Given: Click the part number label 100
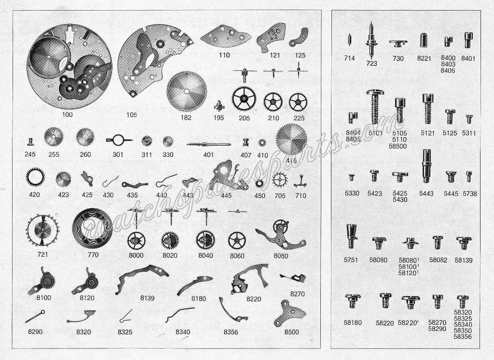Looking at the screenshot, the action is coord(67,114).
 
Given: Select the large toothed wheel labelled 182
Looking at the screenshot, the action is coord(187,91).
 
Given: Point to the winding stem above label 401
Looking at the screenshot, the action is coord(208,145).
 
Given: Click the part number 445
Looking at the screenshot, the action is coord(226,195).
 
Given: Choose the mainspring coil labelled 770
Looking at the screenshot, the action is coord(92,229).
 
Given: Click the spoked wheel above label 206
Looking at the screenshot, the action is coord(244,98).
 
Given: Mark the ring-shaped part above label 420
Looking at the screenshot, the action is coord(35,178).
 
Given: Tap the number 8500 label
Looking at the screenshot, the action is coord(291,332).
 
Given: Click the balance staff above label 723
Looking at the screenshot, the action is coord(371,41).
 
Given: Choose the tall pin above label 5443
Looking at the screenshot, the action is coord(426,166).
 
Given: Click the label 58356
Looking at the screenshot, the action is coord(463,337).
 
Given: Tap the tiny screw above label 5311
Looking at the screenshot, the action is coord(469,119).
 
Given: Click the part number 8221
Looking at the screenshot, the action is coord(424,58).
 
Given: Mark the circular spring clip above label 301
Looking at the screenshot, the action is coord(118,140).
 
